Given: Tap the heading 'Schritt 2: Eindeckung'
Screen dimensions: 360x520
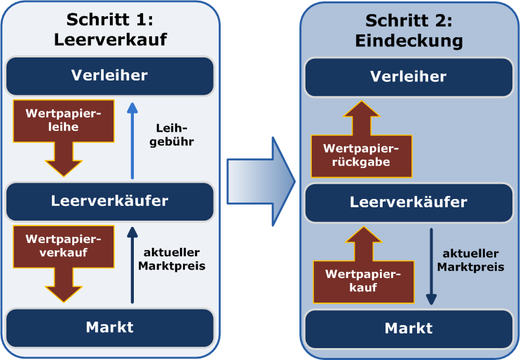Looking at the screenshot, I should [x=409, y=29].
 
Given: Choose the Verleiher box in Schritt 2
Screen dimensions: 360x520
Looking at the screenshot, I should [x=409, y=77].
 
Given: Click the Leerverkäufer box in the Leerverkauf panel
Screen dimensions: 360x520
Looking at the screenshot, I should [x=109, y=201].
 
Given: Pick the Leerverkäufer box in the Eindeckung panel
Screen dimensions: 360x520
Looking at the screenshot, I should [x=409, y=202].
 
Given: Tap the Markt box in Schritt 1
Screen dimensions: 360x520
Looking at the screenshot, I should [x=109, y=326].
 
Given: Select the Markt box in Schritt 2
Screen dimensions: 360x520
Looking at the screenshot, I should [x=409, y=328].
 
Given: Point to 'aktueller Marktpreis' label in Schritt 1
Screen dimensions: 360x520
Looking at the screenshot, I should [x=171, y=260].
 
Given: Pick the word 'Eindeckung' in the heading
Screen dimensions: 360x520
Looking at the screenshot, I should [x=409, y=41].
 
